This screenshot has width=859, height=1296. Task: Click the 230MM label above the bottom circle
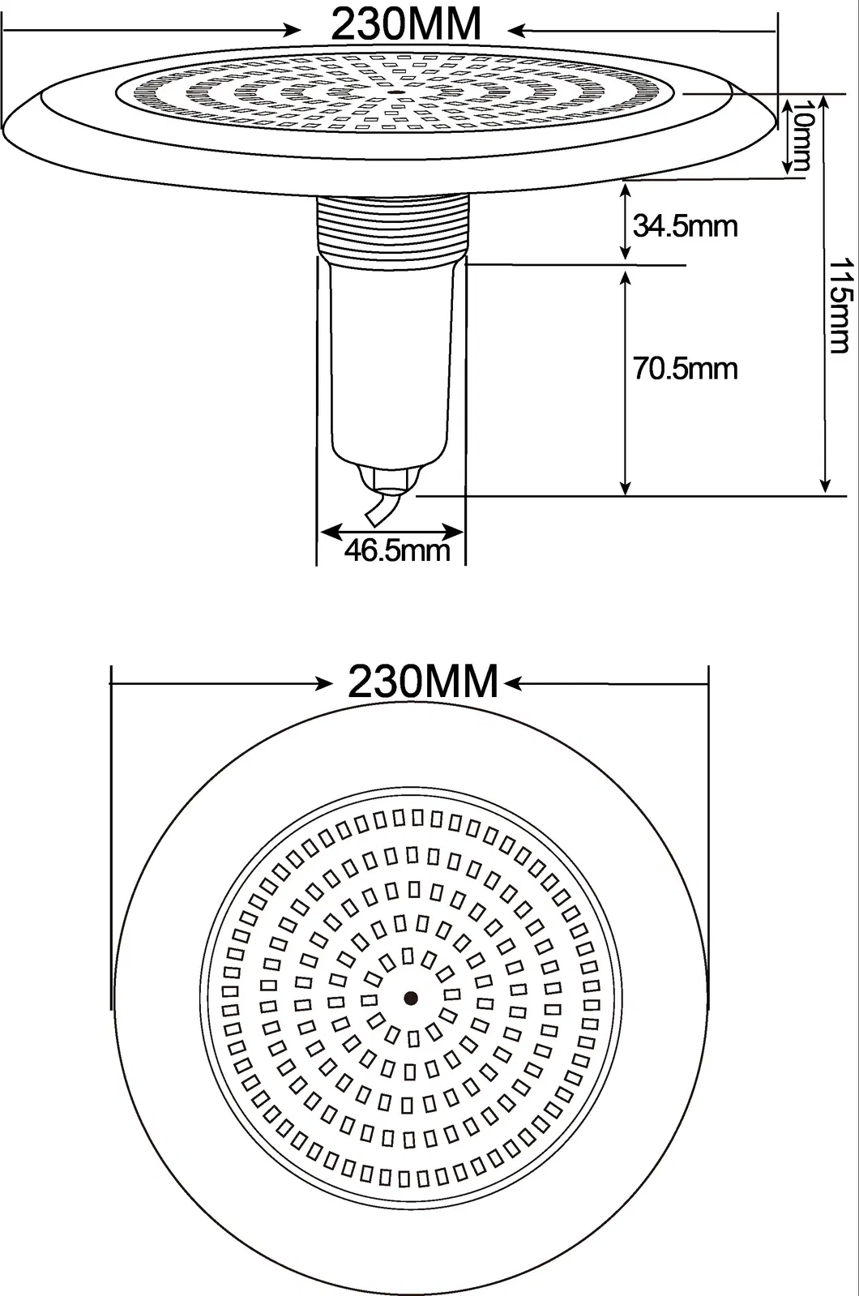422,682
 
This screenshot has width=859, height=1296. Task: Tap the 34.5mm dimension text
685,225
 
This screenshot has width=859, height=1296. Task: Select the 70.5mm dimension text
685,369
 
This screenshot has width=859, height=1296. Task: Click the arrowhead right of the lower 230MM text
513,685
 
